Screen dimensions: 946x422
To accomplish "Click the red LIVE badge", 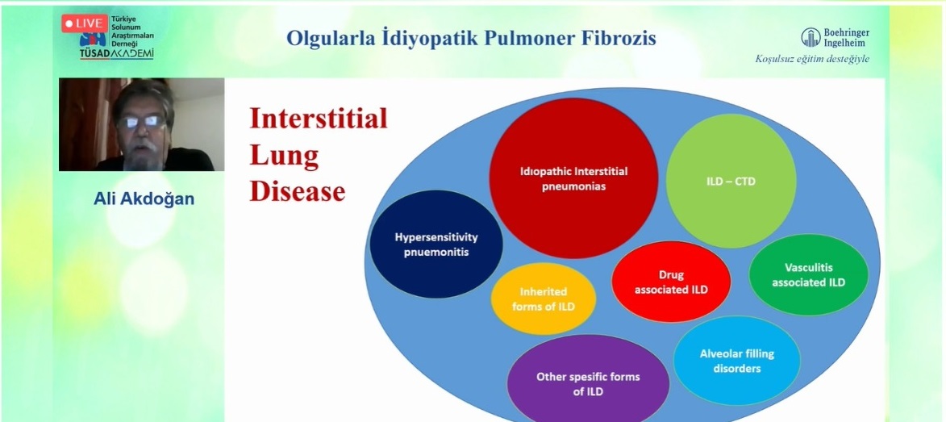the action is click(85, 23).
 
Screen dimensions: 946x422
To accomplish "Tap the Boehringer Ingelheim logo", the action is click(835, 37).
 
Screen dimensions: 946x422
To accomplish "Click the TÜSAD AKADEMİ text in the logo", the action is click(116, 54).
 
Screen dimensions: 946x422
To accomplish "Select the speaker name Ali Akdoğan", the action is click(144, 198).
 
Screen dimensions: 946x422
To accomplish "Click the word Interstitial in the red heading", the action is click(319, 118).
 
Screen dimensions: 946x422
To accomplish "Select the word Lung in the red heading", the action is click(284, 156).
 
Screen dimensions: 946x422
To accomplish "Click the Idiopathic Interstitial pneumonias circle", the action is click(573, 178).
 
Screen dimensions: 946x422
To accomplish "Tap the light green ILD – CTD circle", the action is click(731, 181).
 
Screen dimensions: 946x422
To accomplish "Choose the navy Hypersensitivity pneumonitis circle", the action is click(436, 244).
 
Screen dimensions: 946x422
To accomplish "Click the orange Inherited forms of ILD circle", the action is click(543, 299).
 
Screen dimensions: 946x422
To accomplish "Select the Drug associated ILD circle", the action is click(671, 282).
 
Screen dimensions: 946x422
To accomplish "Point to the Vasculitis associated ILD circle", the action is click(808, 274).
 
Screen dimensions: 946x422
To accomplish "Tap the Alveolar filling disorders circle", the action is click(736, 361).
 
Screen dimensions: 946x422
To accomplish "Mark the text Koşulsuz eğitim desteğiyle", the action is click(812, 59).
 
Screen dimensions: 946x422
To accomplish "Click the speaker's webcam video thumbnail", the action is click(141, 124).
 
